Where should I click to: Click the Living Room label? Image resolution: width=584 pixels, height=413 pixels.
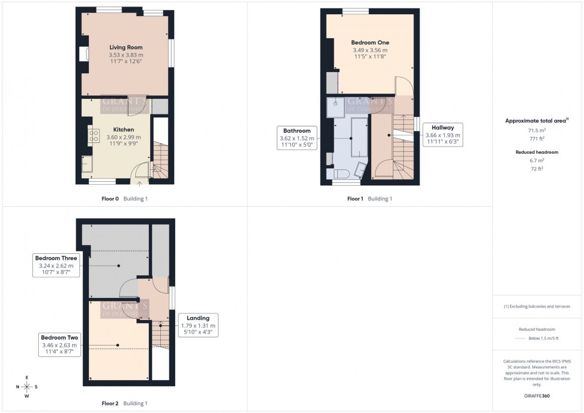(x=126, y=47)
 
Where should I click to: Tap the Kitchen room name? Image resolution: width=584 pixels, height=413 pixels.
(x=123, y=129)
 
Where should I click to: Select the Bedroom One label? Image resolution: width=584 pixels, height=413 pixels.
(x=370, y=42)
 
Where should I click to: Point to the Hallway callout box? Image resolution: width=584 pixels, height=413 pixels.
(x=443, y=135)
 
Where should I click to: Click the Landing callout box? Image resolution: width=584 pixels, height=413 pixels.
(x=198, y=325)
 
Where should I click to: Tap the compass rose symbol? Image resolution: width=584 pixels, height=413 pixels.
(x=27, y=386)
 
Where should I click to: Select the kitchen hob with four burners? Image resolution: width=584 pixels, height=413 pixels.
(x=94, y=136)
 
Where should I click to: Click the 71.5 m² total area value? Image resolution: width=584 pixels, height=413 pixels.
(x=537, y=129)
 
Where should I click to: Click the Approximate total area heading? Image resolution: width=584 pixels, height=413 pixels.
(x=536, y=120)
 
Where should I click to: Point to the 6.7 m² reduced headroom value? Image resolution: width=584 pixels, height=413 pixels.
(x=537, y=160)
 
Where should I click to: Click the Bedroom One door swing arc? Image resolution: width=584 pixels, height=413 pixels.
(x=402, y=86)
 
